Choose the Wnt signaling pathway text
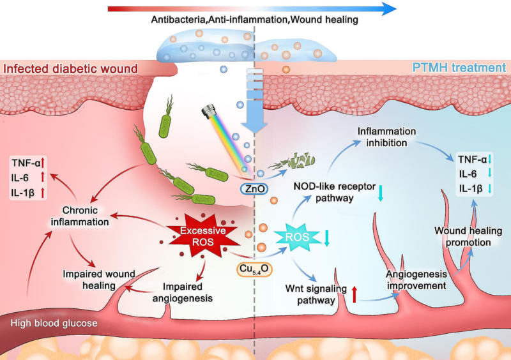point(317,296)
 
